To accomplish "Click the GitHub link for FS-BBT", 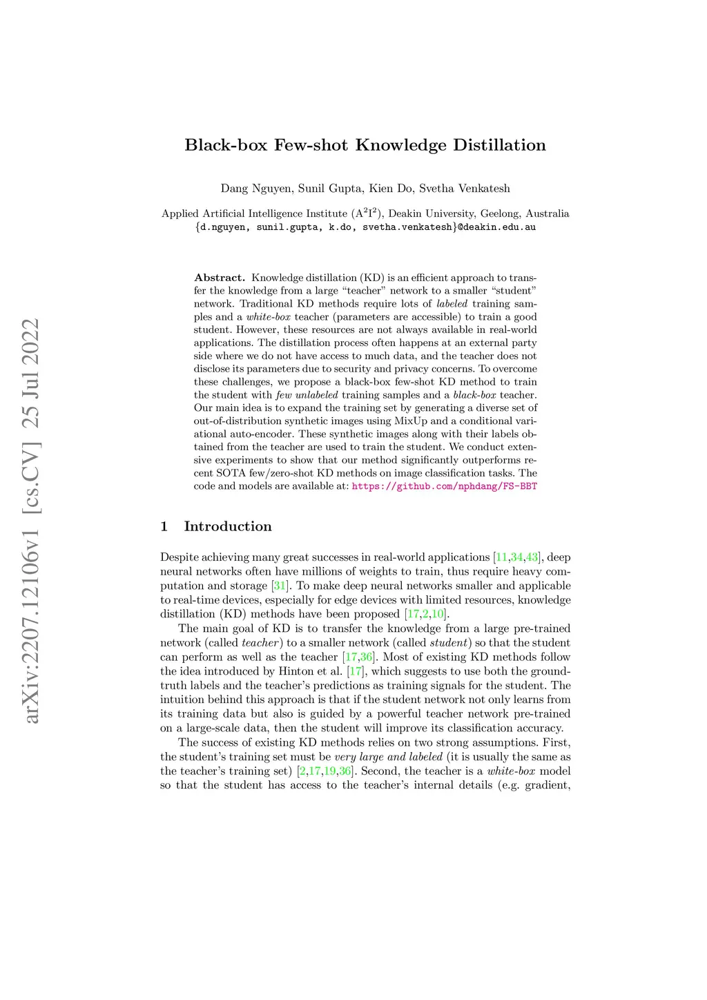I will [x=445, y=486].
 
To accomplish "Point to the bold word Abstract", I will [x=220, y=278].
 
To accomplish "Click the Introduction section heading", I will [x=228, y=527].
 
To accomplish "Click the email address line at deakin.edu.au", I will [x=365, y=227].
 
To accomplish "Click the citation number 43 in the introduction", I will [x=532, y=557].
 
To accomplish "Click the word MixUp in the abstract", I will [x=411, y=421].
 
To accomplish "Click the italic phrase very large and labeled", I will [x=388, y=757].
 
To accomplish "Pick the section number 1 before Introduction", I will [x=164, y=527].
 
